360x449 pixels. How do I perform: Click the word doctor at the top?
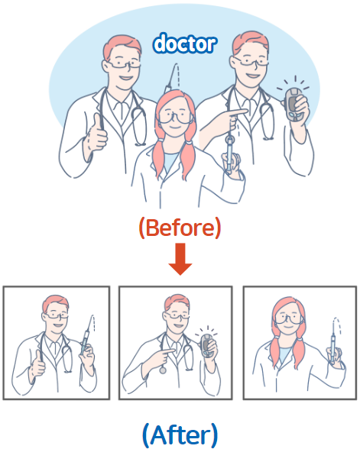(x=185, y=44)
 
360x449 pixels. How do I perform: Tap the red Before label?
(x=180, y=228)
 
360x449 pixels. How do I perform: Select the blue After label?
(x=180, y=434)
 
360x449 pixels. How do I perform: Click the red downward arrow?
(x=180, y=259)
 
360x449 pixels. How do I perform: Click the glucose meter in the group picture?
(x=293, y=105)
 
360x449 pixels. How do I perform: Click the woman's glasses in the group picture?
(x=175, y=118)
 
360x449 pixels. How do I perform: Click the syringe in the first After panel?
(x=86, y=337)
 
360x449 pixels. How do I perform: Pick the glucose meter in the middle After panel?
(x=206, y=345)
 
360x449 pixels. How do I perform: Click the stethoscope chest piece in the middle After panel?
(x=163, y=370)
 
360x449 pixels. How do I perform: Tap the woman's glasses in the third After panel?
(x=288, y=318)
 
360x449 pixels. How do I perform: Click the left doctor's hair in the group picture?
(x=122, y=46)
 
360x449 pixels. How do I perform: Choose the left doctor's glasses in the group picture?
(x=124, y=64)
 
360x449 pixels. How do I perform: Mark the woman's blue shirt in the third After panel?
(x=285, y=357)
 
